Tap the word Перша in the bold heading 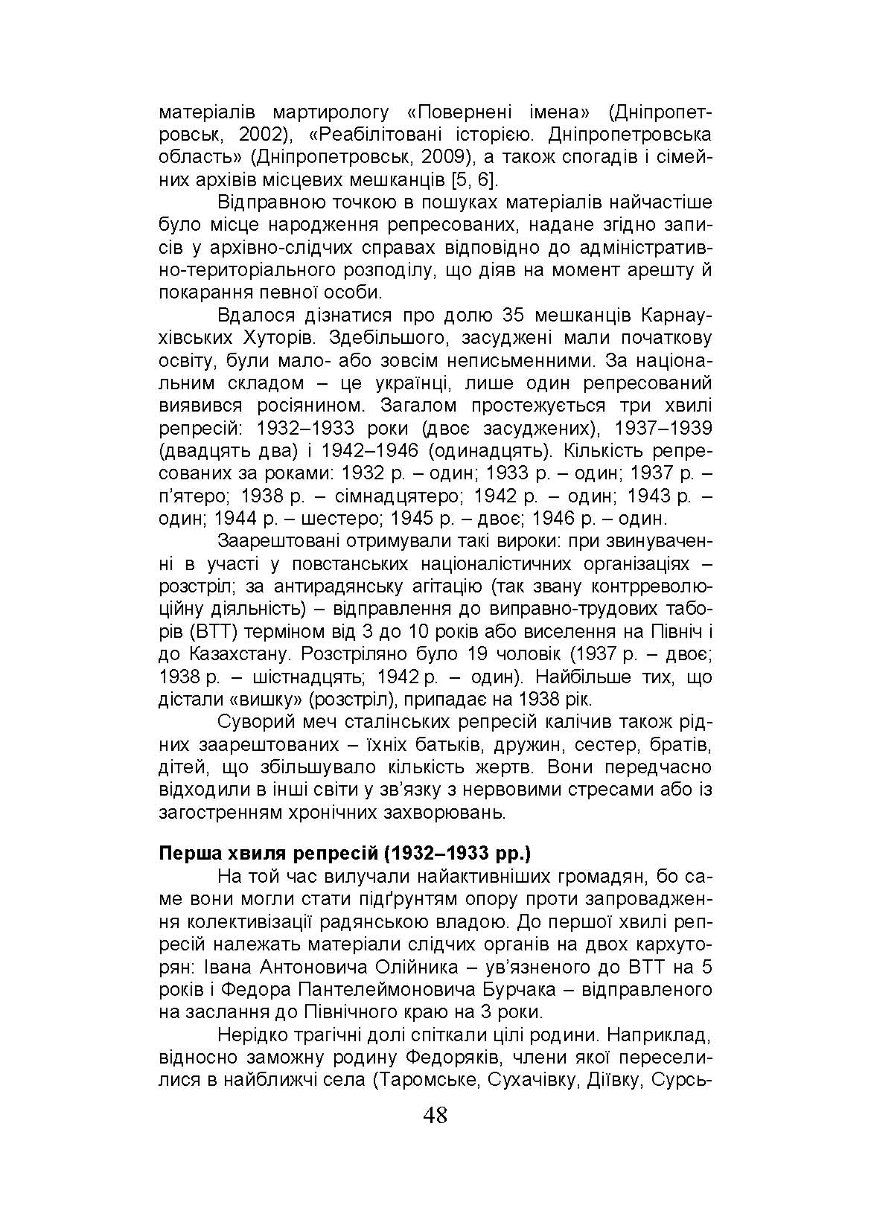[x=185, y=853]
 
